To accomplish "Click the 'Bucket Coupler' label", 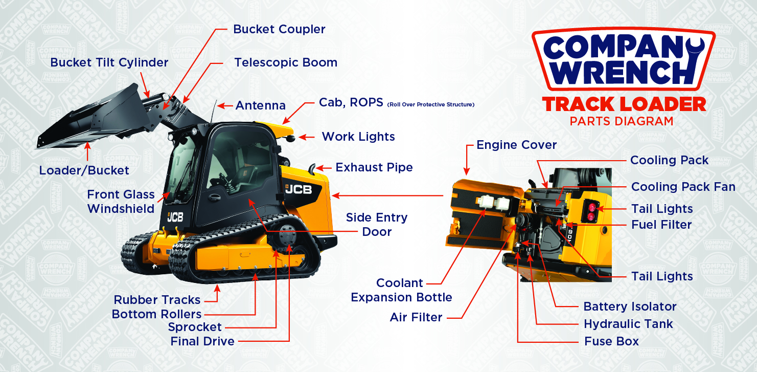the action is pyautogui.click(x=279, y=29).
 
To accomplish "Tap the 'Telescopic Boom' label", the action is pyautogui.click(x=286, y=62).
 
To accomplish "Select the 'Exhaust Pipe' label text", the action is pyautogui.click(x=374, y=167).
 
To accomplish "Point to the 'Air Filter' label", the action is pyautogui.click(x=416, y=317).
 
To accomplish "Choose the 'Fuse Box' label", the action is pyautogui.click(x=612, y=341).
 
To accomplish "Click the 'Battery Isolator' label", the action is pyautogui.click(x=630, y=307).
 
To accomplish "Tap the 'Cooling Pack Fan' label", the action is pyautogui.click(x=683, y=187).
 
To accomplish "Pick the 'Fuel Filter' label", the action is pyautogui.click(x=662, y=225).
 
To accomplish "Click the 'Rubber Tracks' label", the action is pyautogui.click(x=157, y=300).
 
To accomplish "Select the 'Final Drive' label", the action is pyautogui.click(x=202, y=341).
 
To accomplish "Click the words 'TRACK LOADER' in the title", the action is pyautogui.click(x=624, y=104).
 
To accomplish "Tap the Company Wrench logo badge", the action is pyautogui.click(x=624, y=59).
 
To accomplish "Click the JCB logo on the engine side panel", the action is pyautogui.click(x=299, y=189).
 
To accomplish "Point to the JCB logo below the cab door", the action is pyautogui.click(x=175, y=217).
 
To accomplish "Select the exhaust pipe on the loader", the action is pyautogui.click(x=313, y=168).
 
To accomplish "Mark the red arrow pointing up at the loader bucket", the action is pyautogui.click(x=87, y=151).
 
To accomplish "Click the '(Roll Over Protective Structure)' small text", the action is pyautogui.click(x=431, y=104).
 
